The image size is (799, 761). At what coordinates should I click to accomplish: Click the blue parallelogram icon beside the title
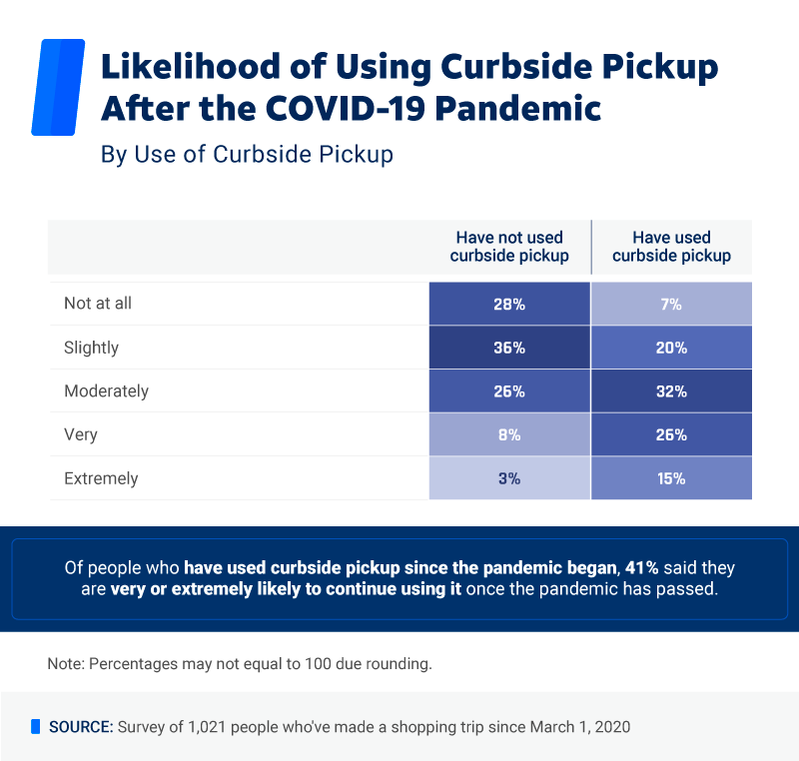point(58,87)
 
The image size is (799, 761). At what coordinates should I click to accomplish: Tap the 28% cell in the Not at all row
point(509,304)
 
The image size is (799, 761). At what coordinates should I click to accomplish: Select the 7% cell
point(671,304)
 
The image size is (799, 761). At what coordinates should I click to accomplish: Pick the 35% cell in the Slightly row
point(509,348)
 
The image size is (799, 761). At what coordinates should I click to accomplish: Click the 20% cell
point(671,348)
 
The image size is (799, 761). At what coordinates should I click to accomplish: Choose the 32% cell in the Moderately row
point(671,391)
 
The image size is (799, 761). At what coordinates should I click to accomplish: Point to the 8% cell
point(509,435)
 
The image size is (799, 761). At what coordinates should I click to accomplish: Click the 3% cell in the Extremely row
point(509,478)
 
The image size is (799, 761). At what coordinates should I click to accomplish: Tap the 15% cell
point(671,478)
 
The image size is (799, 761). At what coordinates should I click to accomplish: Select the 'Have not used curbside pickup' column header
point(509,247)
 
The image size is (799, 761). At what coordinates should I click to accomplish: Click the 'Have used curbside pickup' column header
point(671,247)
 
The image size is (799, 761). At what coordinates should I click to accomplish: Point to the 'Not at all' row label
point(98,304)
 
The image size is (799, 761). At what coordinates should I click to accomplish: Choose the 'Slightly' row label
point(91,348)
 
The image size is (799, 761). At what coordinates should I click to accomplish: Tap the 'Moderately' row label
point(106,391)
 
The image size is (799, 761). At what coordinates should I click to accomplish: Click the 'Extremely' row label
point(101,478)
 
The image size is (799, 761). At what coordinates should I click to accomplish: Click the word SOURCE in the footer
point(81,726)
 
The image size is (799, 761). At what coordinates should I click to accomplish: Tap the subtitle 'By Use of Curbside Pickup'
point(247,155)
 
